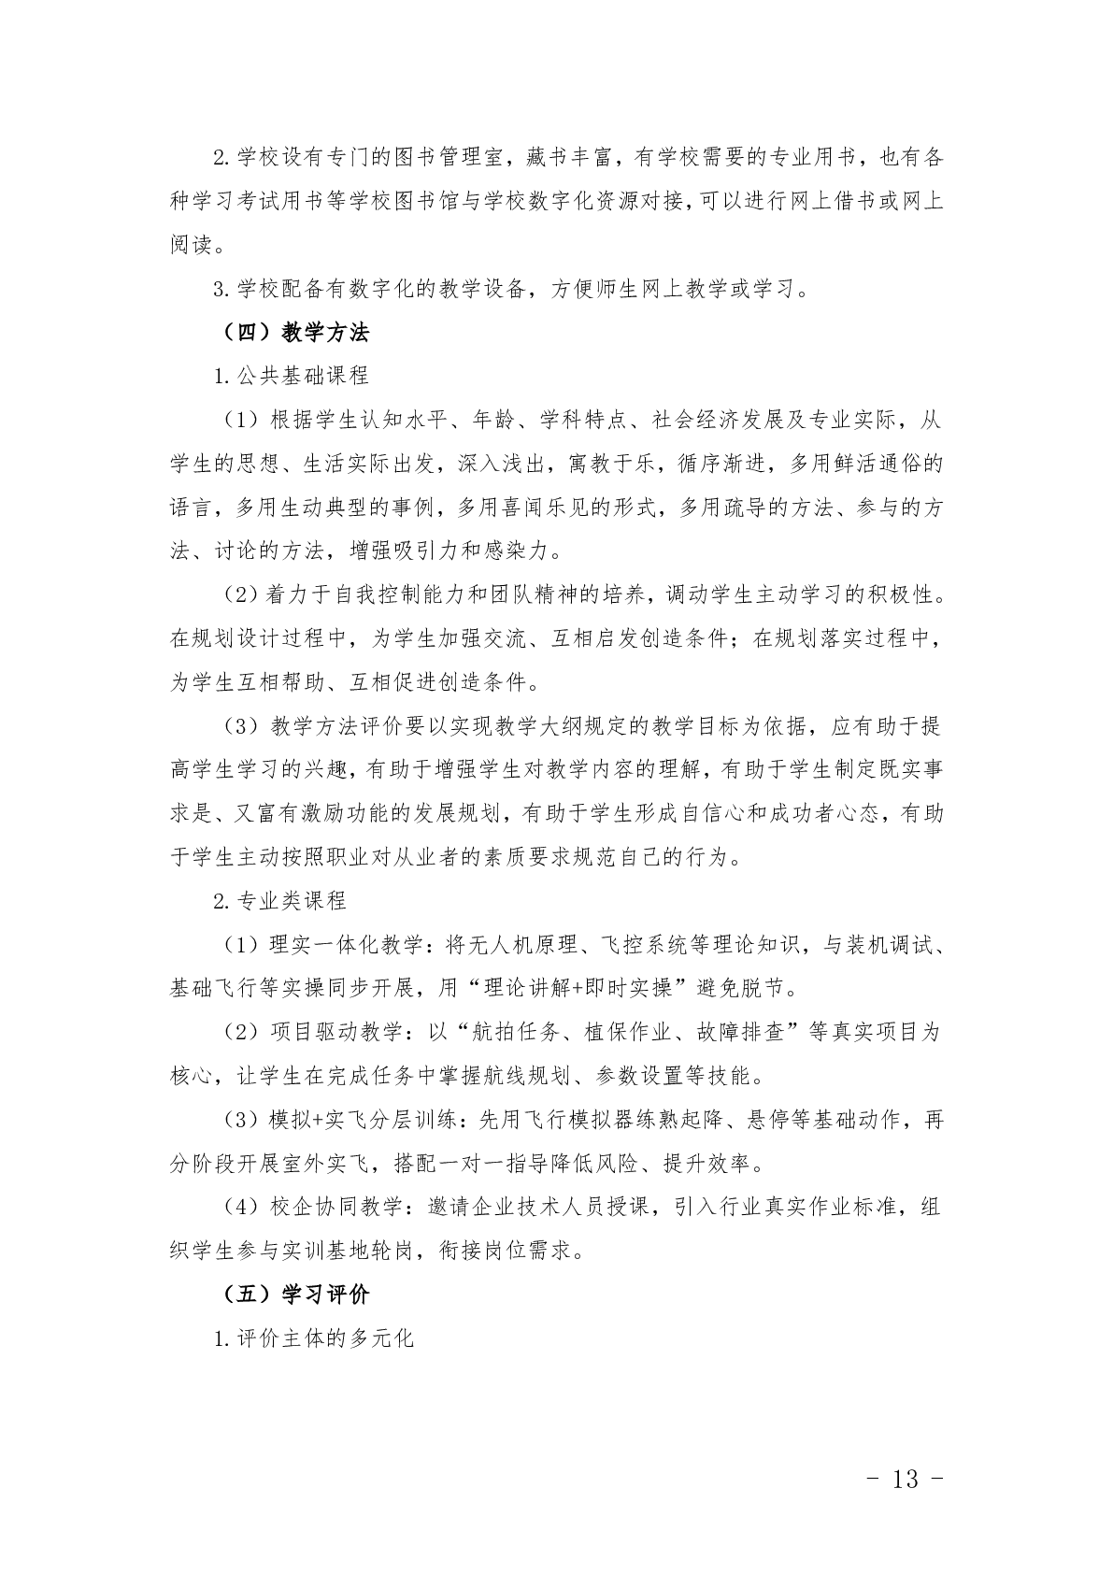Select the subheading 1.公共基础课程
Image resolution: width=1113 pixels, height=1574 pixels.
292,376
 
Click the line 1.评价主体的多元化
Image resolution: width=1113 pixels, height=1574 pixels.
313,1338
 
